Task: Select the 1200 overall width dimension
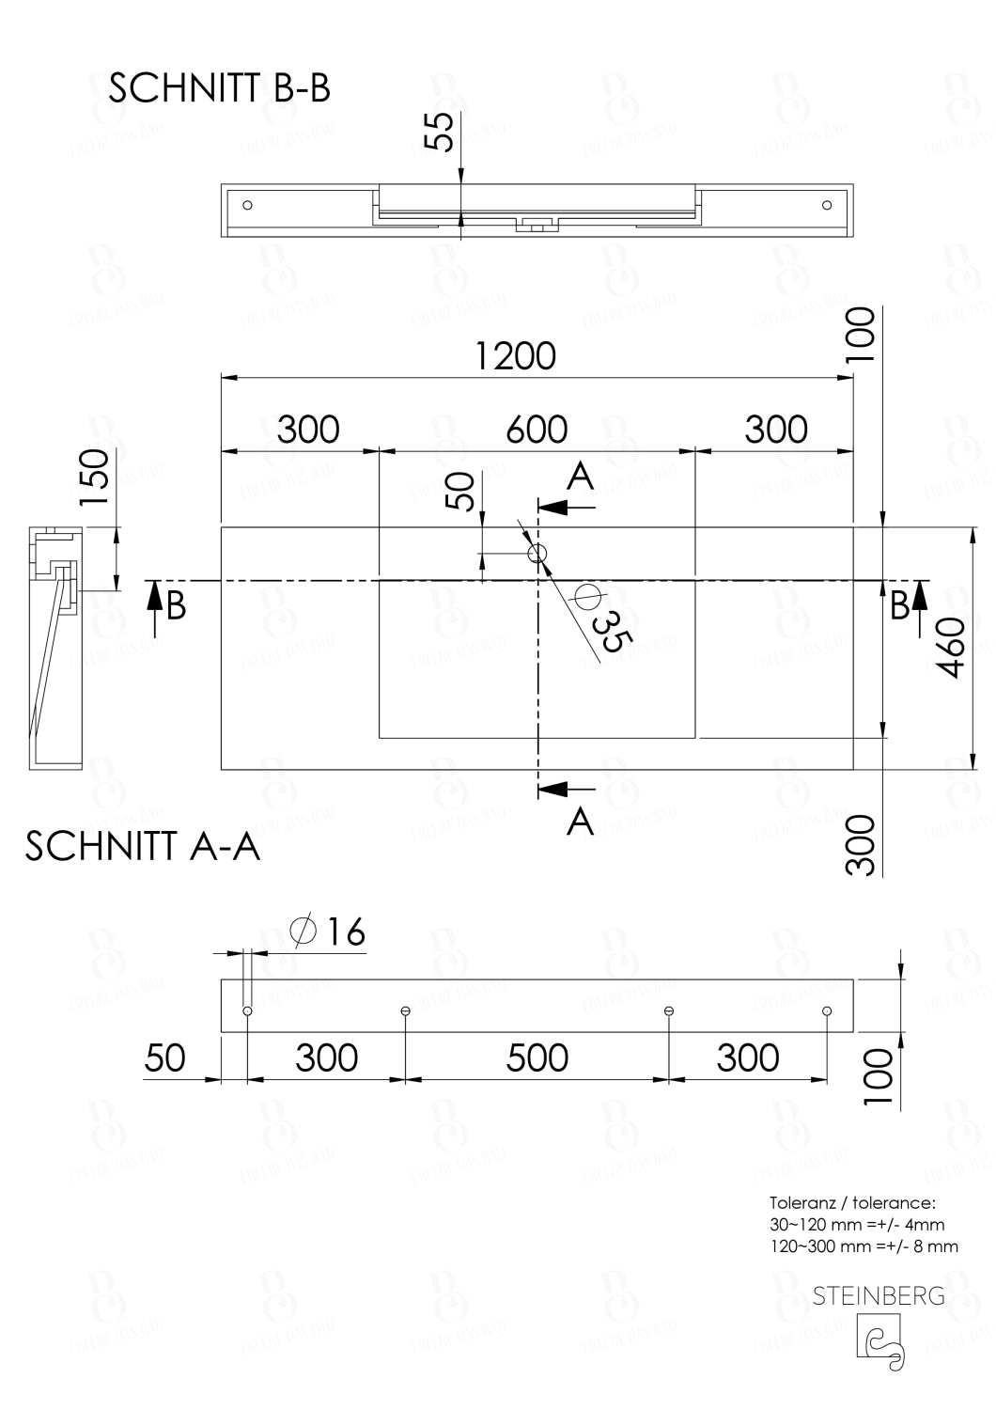pos(515,356)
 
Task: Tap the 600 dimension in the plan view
pos(537,430)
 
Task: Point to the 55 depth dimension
pos(439,131)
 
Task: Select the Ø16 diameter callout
pos(328,932)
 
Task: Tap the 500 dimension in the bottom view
pos(537,1058)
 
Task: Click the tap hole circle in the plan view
pos(537,554)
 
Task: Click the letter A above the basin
pos(582,477)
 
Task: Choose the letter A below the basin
pos(582,821)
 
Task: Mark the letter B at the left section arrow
pos(176,606)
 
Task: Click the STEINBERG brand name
pos(879,1296)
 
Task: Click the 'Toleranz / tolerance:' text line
pos(851,1202)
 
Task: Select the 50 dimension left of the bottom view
pos(164,1058)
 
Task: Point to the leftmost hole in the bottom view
pos(247,1010)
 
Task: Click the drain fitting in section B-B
pos(537,226)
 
